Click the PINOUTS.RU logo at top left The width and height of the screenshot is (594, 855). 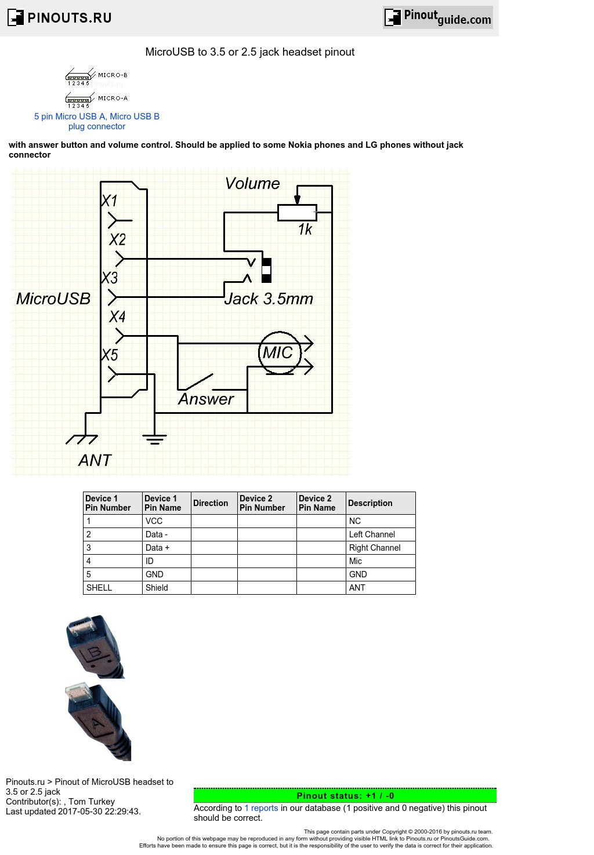tap(60, 17)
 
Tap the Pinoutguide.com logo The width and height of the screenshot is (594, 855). tap(438, 17)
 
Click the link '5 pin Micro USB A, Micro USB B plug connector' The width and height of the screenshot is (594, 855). tap(97, 121)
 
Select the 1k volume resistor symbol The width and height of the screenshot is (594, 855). tap(297, 213)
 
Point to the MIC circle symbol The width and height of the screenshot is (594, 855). tap(280, 352)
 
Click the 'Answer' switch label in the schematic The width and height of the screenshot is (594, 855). tap(205, 399)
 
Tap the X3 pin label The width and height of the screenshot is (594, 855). tap(110, 278)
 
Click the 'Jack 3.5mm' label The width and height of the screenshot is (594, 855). tap(269, 299)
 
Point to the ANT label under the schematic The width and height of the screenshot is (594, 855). tap(95, 460)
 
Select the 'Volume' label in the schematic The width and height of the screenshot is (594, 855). tap(252, 184)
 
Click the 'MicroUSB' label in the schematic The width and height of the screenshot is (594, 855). tap(53, 299)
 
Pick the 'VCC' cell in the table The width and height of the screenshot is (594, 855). tap(154, 521)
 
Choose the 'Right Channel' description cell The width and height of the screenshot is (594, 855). tap(375, 548)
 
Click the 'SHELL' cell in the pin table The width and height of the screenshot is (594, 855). tap(99, 588)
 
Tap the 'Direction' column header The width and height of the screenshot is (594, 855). tap(211, 503)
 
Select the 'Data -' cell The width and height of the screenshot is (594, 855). tap(157, 534)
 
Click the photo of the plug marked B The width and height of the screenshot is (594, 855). tap(94, 646)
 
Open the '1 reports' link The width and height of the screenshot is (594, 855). tap(261, 808)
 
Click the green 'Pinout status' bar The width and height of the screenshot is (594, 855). tap(345, 795)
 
